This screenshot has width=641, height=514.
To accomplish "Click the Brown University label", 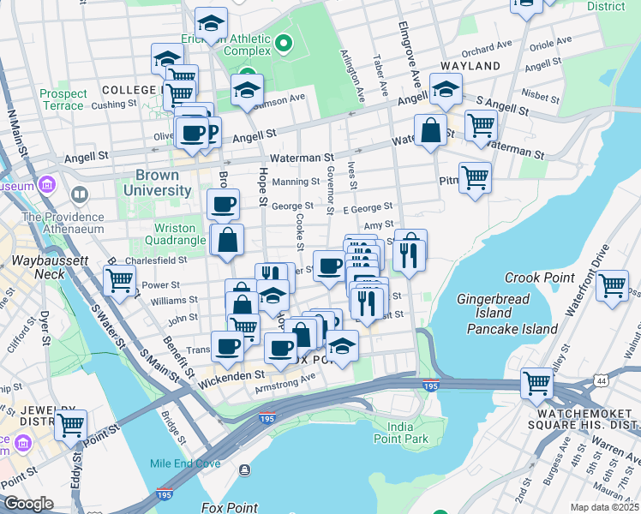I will click(157, 182).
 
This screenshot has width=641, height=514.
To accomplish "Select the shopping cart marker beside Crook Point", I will click(612, 286).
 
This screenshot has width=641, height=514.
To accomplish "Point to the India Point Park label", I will click(406, 433).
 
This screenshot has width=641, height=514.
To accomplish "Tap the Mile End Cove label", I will click(185, 463).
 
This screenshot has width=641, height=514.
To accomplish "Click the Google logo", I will click(28, 504).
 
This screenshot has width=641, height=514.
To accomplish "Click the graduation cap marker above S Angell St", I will click(446, 88).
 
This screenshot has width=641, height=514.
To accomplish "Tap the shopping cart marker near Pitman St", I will click(475, 178).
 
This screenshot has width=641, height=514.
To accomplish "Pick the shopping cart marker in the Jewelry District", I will click(70, 423).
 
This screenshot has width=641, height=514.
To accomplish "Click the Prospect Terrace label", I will click(63, 99).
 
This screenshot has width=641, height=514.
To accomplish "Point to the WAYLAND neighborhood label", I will click(470, 66).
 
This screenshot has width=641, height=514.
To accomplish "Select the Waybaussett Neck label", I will click(38, 266).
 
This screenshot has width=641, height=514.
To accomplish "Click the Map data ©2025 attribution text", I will click(604, 507).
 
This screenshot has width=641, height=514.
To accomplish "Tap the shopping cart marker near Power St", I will click(119, 279).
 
